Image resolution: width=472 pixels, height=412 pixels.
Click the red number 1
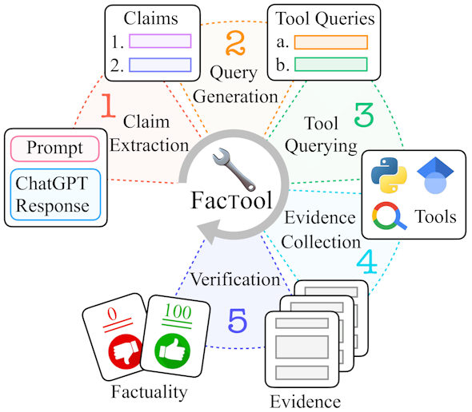point(108,105)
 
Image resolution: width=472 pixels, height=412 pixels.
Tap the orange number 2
point(235,43)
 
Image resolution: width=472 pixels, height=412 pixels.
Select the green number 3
point(364,115)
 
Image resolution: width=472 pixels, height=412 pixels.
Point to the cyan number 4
point(367,262)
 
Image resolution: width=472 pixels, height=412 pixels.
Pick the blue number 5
point(238,321)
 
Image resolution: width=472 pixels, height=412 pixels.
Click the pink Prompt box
point(54,149)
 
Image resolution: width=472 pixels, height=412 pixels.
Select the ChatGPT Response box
point(55,195)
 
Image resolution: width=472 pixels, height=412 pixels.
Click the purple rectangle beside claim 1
point(160,42)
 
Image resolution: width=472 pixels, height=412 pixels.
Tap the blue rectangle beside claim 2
point(160,65)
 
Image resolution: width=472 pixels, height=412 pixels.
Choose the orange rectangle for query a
point(331,42)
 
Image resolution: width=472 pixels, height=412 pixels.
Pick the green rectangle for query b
point(331,65)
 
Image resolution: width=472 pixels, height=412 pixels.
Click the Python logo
point(389,175)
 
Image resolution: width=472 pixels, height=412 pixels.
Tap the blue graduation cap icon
point(435,175)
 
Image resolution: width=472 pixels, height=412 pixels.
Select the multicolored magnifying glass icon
point(389,216)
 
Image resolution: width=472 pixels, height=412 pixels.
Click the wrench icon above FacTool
point(234,169)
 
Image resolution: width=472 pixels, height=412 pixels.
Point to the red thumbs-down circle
point(126,351)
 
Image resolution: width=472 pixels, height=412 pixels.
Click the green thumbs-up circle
point(172,351)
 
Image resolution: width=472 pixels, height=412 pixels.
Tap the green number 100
point(178,311)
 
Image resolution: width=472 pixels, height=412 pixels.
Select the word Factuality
point(150,392)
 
